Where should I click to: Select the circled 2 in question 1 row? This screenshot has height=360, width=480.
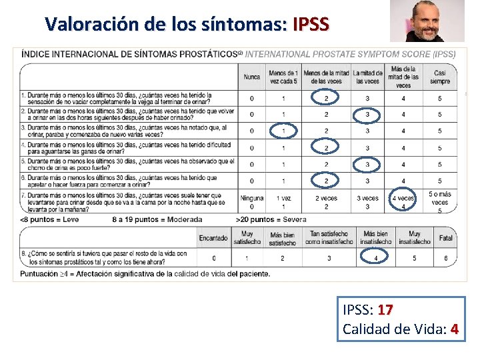(x=326, y=99)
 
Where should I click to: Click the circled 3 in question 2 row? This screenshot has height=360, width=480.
(x=367, y=115)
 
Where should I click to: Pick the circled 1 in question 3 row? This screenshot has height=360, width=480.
(x=283, y=131)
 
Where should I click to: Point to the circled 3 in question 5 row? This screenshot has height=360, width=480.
(x=367, y=164)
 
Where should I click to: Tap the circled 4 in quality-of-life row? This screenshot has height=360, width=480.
(x=376, y=258)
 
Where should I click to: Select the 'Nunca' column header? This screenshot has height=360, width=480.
(x=252, y=77)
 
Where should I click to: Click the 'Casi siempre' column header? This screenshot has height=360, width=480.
(x=439, y=77)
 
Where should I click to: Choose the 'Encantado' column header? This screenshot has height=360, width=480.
(x=213, y=238)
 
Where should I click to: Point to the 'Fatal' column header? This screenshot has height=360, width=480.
(x=446, y=238)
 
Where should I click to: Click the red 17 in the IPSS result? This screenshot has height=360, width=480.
(x=385, y=310)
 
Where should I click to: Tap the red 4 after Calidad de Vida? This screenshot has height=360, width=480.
(x=454, y=329)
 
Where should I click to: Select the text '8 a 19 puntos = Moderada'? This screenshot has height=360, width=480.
(x=157, y=219)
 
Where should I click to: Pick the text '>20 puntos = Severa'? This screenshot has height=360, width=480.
(x=271, y=219)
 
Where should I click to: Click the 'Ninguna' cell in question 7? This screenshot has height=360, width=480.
(x=252, y=198)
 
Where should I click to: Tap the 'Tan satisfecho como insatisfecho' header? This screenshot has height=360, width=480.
(x=329, y=238)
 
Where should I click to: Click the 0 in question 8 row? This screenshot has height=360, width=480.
(x=213, y=258)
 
